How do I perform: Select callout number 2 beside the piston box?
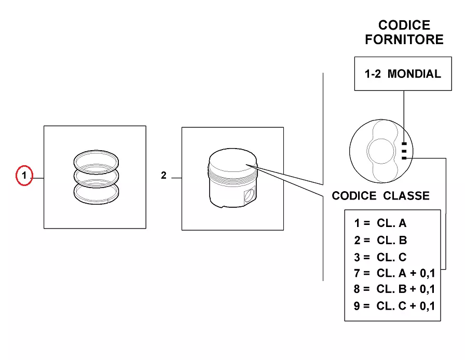pos(163,176)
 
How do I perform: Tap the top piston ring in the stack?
pos(96,157)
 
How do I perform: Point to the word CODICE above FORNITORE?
pos(404,25)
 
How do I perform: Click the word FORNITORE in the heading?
pos(404,39)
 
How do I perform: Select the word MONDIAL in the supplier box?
pos(414,74)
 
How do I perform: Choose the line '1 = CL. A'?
pos(380,223)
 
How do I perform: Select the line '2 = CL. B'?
pos(380,240)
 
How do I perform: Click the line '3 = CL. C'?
pos(380,257)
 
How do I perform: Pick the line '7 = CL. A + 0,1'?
pos(394,273)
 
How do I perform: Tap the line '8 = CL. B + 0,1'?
pos(394,289)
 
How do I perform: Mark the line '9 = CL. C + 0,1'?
pos(394,305)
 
